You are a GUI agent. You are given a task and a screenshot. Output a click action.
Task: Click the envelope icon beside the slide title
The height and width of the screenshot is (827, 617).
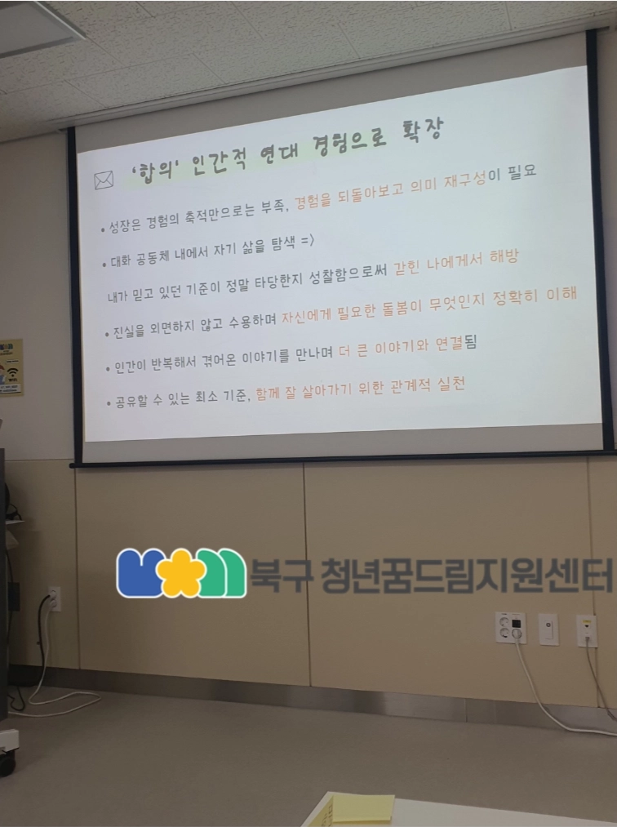(x=104, y=180)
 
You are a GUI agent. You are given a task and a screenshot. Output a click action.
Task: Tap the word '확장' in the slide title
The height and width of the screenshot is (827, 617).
(x=423, y=131)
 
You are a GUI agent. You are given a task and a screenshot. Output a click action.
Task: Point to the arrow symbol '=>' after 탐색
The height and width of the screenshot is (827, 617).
(x=308, y=242)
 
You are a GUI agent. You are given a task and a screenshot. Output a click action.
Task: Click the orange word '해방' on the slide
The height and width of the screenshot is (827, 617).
(x=504, y=257)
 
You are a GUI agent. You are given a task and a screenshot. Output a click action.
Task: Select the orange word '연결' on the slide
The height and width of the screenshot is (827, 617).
(x=450, y=345)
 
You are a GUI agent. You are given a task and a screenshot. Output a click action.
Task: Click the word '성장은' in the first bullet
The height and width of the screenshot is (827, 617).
(x=124, y=226)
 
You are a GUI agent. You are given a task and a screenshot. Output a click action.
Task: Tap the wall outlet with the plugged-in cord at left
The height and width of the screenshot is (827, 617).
(x=54, y=598)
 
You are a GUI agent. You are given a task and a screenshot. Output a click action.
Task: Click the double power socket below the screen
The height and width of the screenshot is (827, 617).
(x=510, y=628)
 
